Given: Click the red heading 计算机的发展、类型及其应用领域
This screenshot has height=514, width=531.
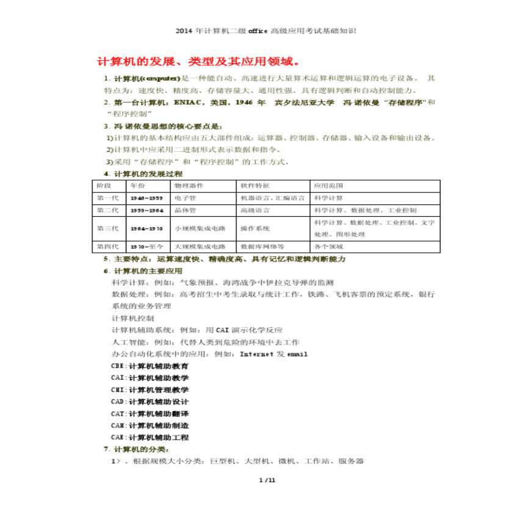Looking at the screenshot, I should [198, 62].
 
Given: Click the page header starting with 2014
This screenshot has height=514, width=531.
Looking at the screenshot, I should [265, 31].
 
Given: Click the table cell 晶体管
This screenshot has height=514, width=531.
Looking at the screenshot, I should [184, 210].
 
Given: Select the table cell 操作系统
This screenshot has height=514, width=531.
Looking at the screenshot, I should [255, 228].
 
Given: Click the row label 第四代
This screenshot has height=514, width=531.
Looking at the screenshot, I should [107, 247].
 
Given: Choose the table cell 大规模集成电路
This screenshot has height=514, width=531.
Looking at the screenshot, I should [200, 247].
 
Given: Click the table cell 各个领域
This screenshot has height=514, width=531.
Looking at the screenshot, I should [328, 247].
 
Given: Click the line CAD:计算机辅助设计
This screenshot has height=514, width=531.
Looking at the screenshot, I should [150, 402].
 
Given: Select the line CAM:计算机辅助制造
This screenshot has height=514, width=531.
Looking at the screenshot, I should [150, 425].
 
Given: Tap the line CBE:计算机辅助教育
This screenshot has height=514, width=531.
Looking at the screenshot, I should [150, 366].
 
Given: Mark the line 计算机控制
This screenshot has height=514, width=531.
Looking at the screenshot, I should [133, 318].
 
